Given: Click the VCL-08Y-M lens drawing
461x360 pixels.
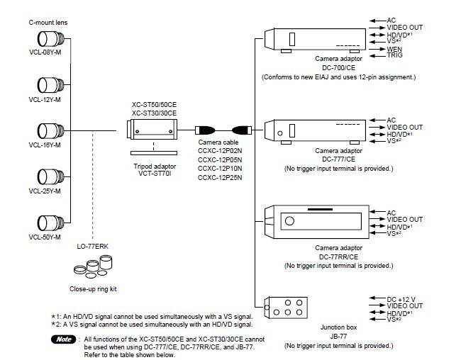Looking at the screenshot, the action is point(50,38).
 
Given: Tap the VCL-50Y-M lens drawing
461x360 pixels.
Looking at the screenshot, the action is point(50,223).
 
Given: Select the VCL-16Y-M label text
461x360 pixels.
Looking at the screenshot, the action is point(45,145).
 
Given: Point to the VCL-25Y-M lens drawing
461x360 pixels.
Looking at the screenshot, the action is point(50,176).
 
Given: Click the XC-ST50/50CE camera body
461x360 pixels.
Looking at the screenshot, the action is point(152,129).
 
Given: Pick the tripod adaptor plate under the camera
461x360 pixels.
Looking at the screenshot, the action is point(154,153).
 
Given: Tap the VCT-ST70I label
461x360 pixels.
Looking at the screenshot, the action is point(155,174).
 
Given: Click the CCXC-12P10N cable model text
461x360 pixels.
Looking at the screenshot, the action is point(220,169).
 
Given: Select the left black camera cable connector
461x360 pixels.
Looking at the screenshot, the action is point(205,130).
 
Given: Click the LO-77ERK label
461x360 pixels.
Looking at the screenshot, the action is point(93,247).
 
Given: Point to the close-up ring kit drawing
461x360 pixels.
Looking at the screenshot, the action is point(93,266).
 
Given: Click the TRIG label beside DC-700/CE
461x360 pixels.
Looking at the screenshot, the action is point(394,55).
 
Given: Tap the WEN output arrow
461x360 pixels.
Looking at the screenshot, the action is point(377,49).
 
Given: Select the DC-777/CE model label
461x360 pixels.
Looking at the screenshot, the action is point(339,159).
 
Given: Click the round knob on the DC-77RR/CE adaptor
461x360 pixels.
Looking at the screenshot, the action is point(289,220).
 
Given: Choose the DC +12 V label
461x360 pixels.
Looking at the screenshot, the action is point(401,300).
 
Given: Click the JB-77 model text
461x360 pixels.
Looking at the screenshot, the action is point(338,336).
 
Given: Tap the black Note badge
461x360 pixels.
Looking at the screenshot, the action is point(64,339).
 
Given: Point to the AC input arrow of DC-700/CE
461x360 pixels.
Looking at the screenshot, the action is point(377,21).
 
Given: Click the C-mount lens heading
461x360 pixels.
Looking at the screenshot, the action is point(48,23).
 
